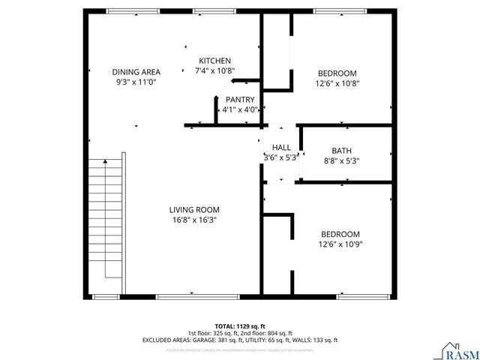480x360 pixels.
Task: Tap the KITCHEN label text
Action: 214,61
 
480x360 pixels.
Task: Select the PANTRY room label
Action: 239,100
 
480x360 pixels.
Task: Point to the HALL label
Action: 281,148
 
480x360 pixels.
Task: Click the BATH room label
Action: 341,151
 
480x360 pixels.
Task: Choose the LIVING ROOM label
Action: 194,210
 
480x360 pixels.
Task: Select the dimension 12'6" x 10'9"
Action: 340,244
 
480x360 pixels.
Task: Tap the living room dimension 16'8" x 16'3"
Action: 194,220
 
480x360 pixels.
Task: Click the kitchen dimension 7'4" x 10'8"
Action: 214,71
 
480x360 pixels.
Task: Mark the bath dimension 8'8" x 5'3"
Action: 341,161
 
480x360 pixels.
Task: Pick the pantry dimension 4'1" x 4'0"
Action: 239,110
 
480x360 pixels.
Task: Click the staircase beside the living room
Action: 106,225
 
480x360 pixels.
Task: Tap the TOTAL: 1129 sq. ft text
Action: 239,325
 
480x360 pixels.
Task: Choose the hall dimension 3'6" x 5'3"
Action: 281,158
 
